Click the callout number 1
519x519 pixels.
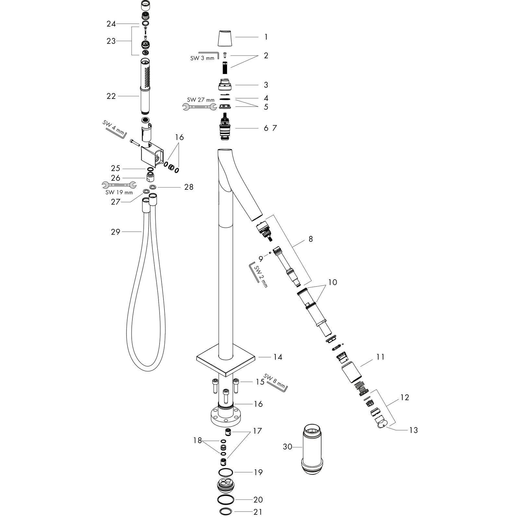pos(266,37)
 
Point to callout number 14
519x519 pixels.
pos(278,357)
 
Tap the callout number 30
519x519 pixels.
pos(287,447)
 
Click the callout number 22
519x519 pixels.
pos(111,96)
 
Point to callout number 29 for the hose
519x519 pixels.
pos(115,232)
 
